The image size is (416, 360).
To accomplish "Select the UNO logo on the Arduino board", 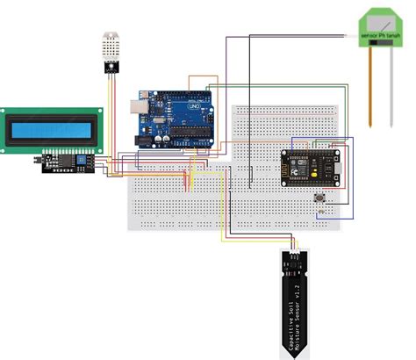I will (192, 100).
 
